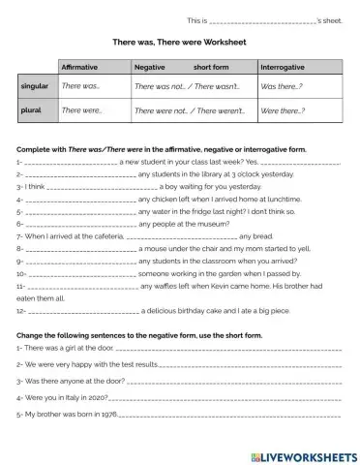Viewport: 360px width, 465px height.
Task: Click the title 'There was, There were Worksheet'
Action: [180, 43]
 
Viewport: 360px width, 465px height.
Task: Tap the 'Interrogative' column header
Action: [285, 67]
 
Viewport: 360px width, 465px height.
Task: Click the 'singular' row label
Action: [35, 86]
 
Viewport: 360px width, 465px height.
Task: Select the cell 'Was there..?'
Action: [282, 87]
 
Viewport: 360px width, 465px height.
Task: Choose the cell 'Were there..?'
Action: [284, 111]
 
